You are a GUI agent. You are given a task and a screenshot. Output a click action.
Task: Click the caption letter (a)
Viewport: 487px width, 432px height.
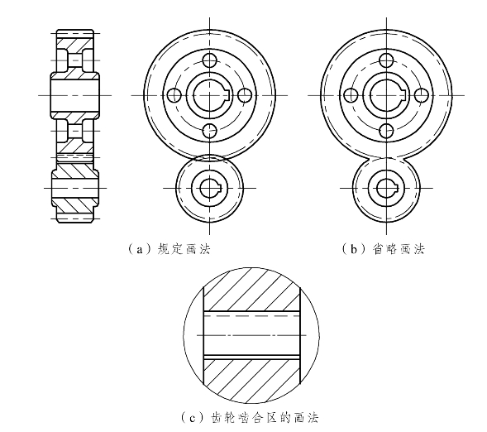pyautogui.click(x=141, y=249)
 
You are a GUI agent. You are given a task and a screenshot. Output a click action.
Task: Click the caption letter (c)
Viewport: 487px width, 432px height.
pyautogui.click(x=193, y=417)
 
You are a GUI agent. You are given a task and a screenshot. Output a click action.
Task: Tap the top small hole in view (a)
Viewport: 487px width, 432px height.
pyautogui.click(x=210, y=60)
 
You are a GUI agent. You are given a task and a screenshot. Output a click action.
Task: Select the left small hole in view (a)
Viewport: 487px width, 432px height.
pyautogui.click(x=174, y=95)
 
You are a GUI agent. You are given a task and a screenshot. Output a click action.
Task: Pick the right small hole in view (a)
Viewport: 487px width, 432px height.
pyautogui.click(x=245, y=95)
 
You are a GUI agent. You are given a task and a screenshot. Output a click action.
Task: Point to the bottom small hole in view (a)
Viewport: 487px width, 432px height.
pyautogui.click(x=210, y=131)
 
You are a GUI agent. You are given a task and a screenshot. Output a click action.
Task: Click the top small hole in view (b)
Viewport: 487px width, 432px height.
pyautogui.click(x=387, y=60)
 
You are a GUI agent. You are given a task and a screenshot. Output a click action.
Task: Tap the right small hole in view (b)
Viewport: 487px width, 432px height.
pyautogui.click(x=422, y=95)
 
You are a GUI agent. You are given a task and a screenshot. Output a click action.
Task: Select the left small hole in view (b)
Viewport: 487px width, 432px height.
pyautogui.click(x=351, y=95)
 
